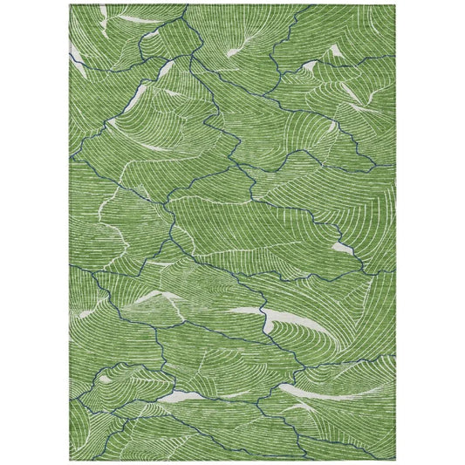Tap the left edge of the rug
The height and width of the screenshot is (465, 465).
[67, 232]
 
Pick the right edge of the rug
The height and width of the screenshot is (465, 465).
[398, 232]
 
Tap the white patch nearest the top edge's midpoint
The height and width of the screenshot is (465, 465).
[236, 53]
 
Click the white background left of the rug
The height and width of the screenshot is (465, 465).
[33, 232]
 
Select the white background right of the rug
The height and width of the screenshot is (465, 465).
[432, 232]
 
